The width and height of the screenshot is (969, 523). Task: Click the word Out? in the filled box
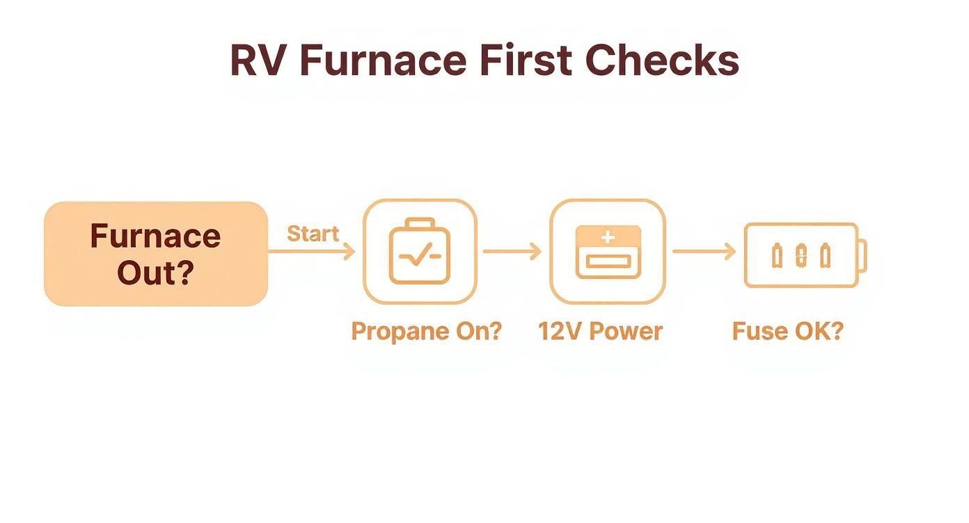pos(156,273)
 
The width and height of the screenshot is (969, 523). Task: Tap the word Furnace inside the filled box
pos(156,236)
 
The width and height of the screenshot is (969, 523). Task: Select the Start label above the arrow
pos(313,234)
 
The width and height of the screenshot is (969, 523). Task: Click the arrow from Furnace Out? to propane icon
pos(311,251)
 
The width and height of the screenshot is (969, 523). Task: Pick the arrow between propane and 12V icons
pos(512,251)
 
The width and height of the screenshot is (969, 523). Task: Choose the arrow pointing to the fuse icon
pos(704,251)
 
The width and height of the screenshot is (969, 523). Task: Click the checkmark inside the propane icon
pos(420,254)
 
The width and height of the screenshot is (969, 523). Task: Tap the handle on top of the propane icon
pos(420,223)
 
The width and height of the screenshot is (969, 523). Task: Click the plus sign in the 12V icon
pos(608,237)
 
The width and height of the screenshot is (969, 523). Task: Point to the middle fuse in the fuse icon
pos(802,255)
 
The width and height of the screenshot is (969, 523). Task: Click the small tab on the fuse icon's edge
pos(862,256)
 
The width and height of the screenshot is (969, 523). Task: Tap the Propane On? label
pos(427,332)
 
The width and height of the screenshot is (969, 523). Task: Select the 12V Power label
pos(601,332)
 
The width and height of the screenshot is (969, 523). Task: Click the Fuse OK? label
pos(788,332)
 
